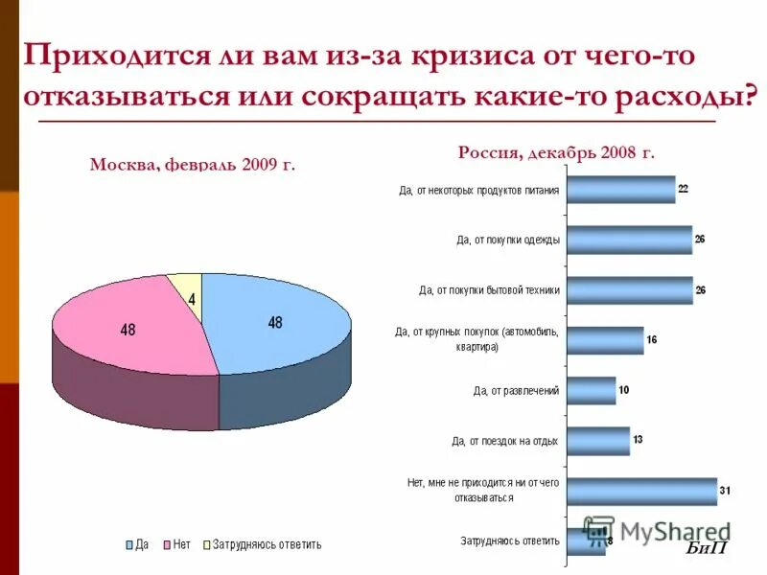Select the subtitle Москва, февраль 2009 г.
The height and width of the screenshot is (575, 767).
pyautogui.click(x=192, y=165)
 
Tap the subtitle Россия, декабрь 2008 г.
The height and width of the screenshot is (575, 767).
pyautogui.click(x=556, y=152)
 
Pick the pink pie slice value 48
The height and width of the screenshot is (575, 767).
pyautogui.click(x=128, y=330)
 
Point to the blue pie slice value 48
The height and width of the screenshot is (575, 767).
pyautogui.click(x=275, y=323)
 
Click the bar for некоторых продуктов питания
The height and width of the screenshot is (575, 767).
pyautogui.click(x=620, y=190)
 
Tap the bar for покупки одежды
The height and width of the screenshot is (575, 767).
pyautogui.click(x=629, y=240)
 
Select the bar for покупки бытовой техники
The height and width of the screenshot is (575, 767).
pyautogui.click(x=629, y=289)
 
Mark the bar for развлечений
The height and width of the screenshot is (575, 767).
pyautogui.click(x=591, y=390)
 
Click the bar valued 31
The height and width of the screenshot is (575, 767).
pyautogui.click(x=641, y=491)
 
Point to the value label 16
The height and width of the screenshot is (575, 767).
pyautogui.click(x=652, y=339)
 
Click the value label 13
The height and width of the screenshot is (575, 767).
pyautogui.click(x=639, y=439)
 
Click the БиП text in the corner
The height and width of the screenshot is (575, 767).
pyautogui.click(x=707, y=548)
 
